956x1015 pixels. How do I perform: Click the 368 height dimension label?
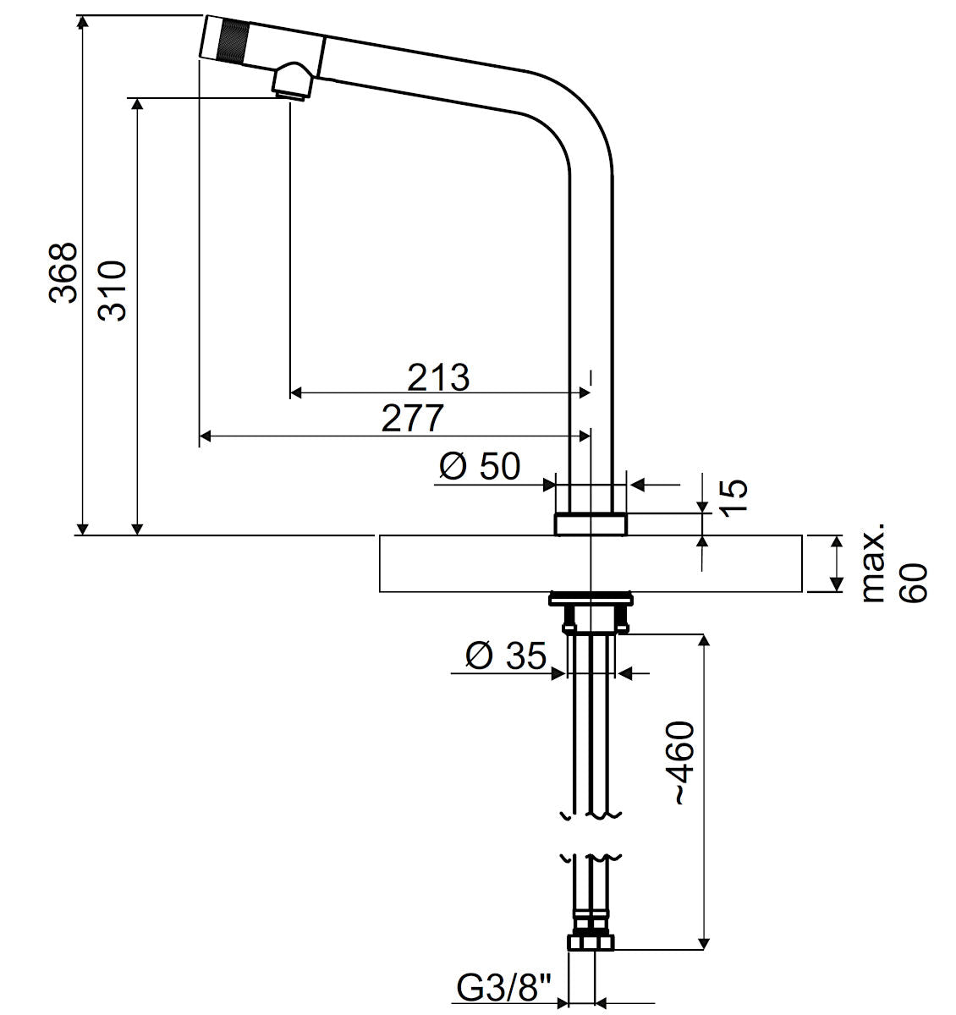pyautogui.click(x=63, y=273)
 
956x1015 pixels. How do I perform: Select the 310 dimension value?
pyautogui.click(x=112, y=291)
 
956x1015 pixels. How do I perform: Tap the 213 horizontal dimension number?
pyautogui.click(x=438, y=378)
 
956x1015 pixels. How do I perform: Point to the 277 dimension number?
pyautogui.click(x=413, y=418)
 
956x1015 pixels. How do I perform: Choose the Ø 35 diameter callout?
pyautogui.click(x=506, y=656)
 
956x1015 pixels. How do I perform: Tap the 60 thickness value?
pyautogui.click(x=914, y=583)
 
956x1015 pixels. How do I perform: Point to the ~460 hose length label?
pyautogui.click(x=684, y=763)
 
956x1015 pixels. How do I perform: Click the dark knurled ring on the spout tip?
pyautogui.click(x=234, y=40)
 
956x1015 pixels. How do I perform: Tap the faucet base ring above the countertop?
pyautogui.click(x=591, y=524)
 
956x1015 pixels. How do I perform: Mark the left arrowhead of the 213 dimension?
pyautogui.click(x=296, y=392)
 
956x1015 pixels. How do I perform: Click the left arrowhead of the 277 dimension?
pyautogui.click(x=205, y=436)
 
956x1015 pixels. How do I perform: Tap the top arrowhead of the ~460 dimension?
pyautogui.click(x=704, y=641)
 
